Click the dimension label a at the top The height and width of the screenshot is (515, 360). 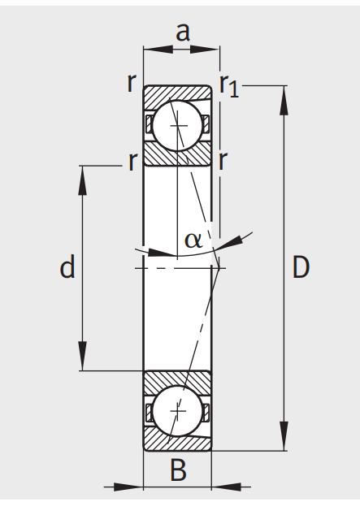[x=183, y=32]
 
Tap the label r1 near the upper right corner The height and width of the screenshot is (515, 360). [x=229, y=86]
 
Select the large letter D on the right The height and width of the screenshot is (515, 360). [x=301, y=267]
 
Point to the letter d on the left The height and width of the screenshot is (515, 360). [x=67, y=266]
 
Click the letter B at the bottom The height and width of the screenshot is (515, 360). [x=178, y=470]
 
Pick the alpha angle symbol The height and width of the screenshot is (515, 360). [x=193, y=240]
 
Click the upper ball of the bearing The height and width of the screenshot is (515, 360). [x=178, y=125]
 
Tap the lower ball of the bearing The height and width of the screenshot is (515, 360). [x=178, y=410]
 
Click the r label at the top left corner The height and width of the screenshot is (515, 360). [x=132, y=82]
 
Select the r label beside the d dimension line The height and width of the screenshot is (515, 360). [x=132, y=161]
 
